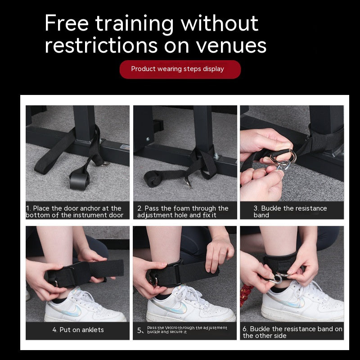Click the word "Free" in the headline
tap(68, 23)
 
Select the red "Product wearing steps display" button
tap(180, 69)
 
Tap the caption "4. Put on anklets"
tap(78, 330)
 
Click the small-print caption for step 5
tap(187, 330)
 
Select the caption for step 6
tap(292, 332)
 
